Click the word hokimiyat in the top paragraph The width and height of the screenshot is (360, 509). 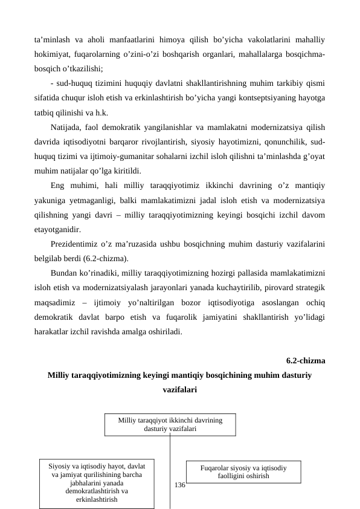point(52,56)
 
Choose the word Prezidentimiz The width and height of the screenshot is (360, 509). point(79,244)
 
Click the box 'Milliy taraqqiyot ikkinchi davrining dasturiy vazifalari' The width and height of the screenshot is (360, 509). point(170,424)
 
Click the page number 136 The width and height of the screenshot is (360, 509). point(179,485)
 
